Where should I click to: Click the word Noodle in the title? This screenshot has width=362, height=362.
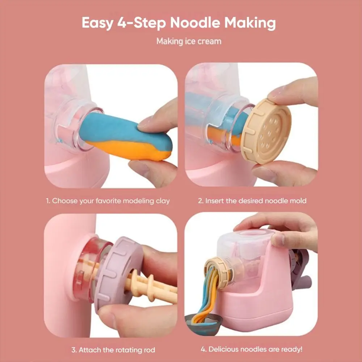click(x=194, y=23)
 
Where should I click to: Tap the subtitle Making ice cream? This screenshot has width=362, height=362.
click(x=189, y=41)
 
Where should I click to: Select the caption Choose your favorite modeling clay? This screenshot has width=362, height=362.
click(x=108, y=200)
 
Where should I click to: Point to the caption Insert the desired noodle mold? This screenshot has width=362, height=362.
click(x=252, y=200)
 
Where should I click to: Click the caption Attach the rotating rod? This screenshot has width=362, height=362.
click(x=113, y=350)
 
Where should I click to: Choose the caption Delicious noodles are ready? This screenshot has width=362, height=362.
click(x=252, y=349)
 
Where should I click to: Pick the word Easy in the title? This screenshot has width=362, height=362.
click(x=97, y=23)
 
